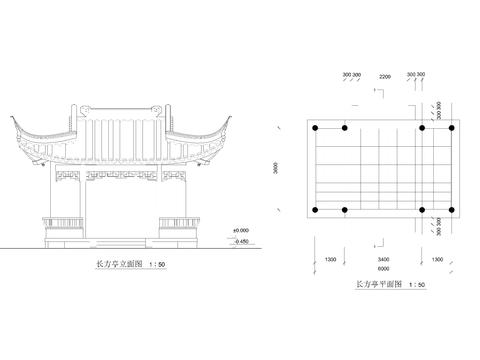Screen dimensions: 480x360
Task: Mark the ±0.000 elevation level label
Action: coord(241,230)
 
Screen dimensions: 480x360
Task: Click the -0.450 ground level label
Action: coord(241,241)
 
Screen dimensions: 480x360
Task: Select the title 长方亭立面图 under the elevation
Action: coord(118,265)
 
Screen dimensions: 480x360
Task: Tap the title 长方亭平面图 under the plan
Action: coord(380,285)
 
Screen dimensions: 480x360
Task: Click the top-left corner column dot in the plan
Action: coord(317,128)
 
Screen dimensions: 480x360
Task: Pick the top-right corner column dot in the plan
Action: coord(453,128)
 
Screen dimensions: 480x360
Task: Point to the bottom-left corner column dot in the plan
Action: coord(317,210)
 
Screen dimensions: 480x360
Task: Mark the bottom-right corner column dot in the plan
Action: coord(453,210)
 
